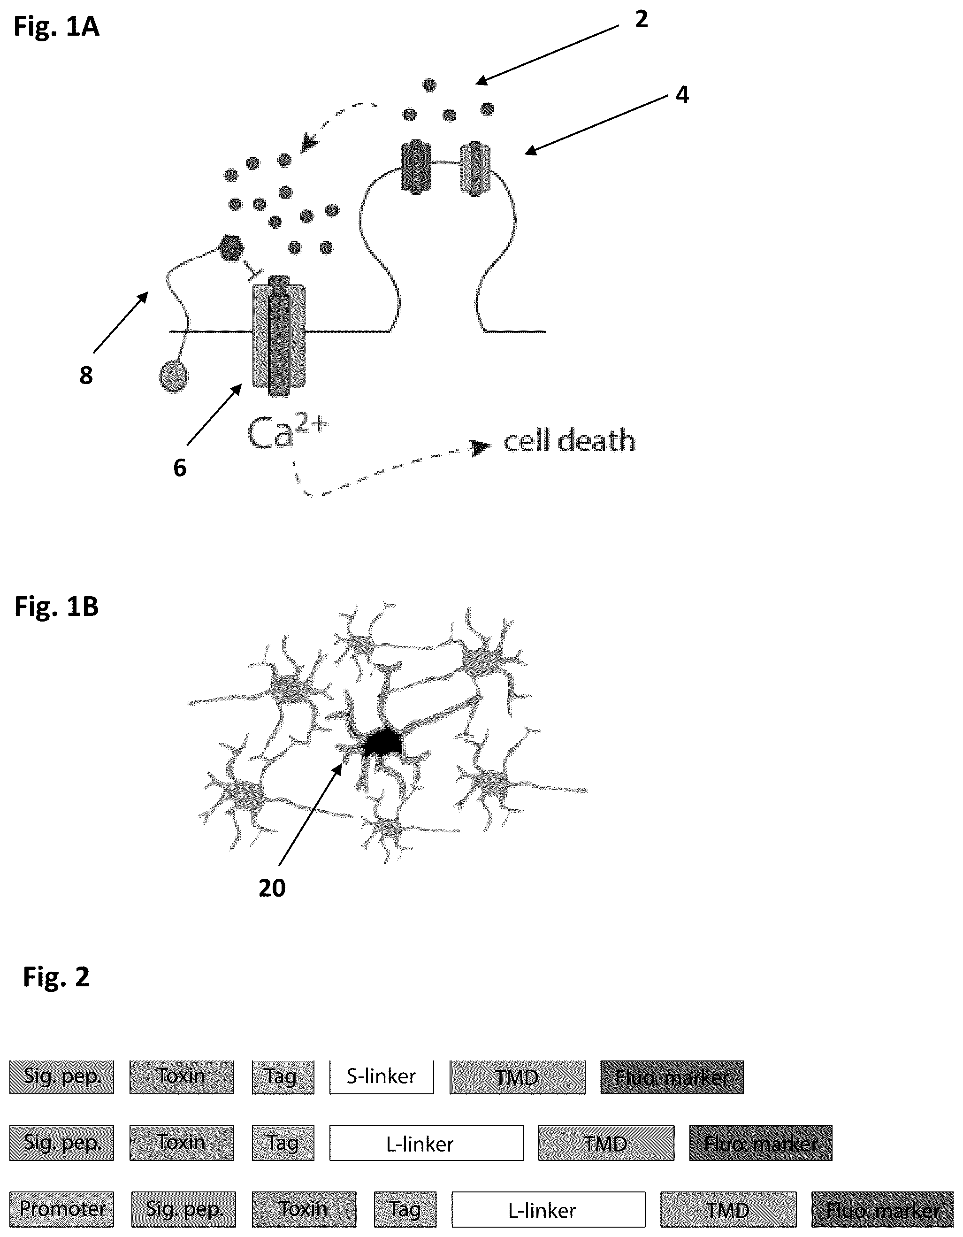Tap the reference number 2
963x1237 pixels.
click(641, 20)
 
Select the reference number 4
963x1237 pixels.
click(682, 94)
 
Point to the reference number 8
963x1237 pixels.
click(86, 376)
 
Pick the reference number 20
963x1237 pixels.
click(272, 888)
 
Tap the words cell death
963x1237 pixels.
click(569, 441)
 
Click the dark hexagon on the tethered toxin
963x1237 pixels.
click(230, 248)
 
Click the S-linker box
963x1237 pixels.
click(382, 1077)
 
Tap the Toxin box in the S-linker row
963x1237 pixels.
click(182, 1077)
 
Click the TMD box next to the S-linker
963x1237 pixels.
click(518, 1077)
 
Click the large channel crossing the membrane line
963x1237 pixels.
click(279, 335)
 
